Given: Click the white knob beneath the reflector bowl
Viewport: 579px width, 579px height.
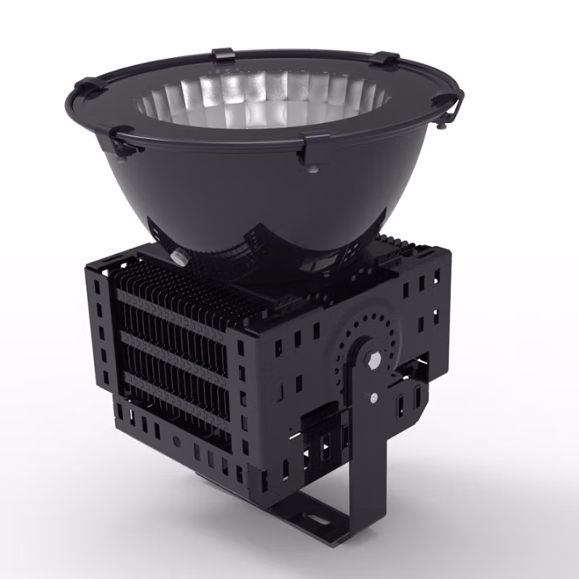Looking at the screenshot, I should click(176, 256).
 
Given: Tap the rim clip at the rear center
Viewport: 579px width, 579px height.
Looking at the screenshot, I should click(223, 55).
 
